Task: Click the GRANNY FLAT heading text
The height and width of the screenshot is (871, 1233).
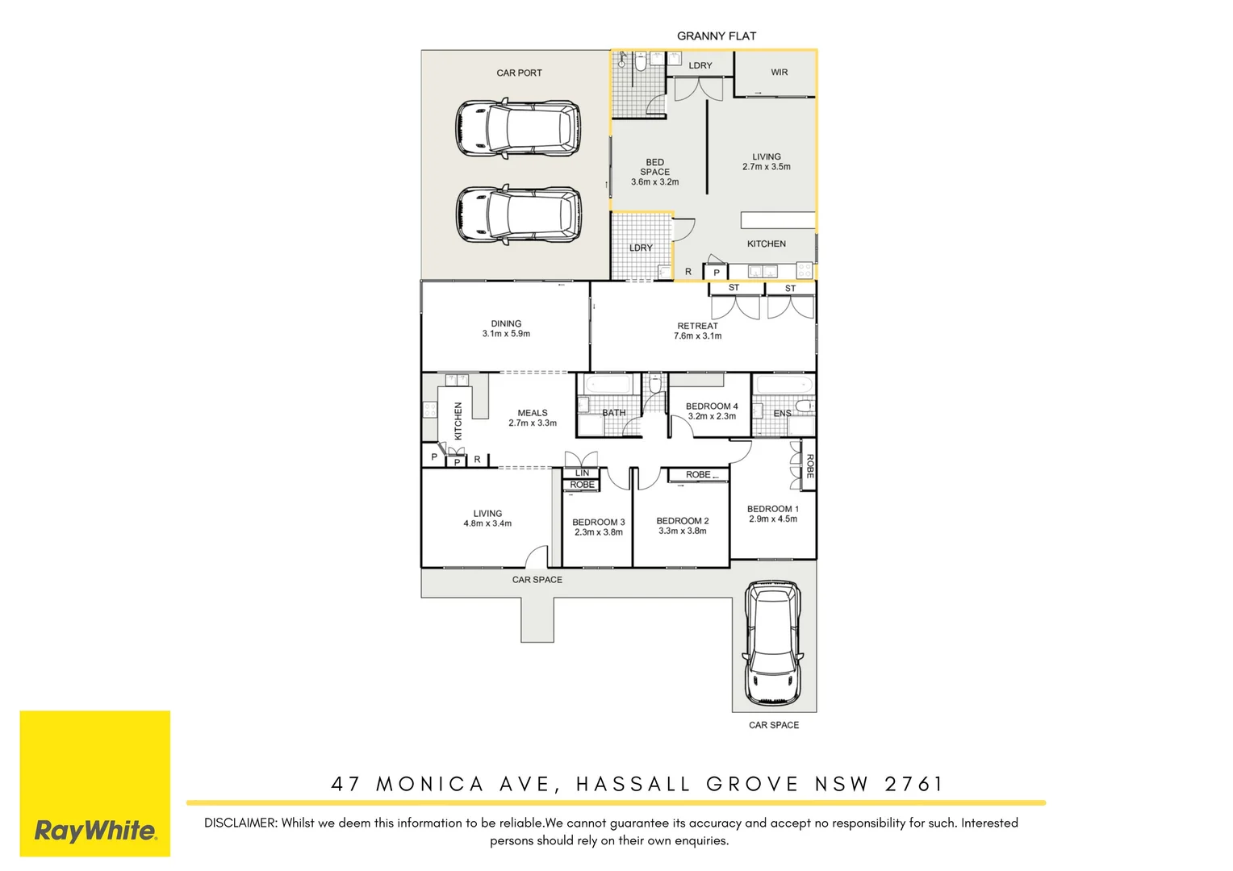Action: tap(716, 36)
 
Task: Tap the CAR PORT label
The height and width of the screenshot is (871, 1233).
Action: tap(519, 73)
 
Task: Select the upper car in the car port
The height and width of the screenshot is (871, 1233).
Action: tap(517, 127)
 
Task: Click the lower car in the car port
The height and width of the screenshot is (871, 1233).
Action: tap(517, 215)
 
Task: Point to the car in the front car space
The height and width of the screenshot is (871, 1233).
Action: tap(773, 643)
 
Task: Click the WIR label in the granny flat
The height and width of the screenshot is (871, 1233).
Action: tap(779, 73)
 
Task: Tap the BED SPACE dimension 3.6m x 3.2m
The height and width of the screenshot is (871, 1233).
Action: tap(654, 182)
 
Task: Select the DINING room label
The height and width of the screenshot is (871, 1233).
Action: tap(506, 323)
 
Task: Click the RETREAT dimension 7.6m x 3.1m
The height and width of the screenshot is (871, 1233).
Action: tap(697, 336)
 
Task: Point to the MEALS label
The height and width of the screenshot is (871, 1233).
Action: tap(533, 413)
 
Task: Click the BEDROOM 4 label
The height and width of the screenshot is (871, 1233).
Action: tap(712, 406)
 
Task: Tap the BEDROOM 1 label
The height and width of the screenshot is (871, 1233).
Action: tap(772, 509)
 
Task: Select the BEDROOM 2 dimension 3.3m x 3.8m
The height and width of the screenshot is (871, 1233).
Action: tap(682, 531)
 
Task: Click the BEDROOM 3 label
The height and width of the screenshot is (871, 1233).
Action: tap(598, 522)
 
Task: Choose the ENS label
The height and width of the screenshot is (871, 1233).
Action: tap(782, 413)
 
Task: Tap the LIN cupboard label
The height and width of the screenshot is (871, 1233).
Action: tap(582, 473)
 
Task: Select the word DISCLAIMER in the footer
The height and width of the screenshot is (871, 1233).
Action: tap(240, 823)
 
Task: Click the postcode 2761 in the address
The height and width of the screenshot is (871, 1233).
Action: tap(913, 784)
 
